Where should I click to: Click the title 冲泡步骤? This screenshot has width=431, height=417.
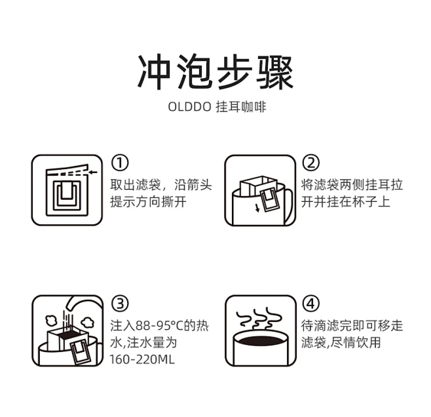[216, 72]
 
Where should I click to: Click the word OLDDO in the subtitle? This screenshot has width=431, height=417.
[190, 107]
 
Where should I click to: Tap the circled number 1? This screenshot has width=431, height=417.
[120, 163]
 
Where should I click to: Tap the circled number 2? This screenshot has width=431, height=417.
[311, 163]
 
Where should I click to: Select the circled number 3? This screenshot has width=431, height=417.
[120, 304]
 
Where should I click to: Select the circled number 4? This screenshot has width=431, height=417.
[311, 304]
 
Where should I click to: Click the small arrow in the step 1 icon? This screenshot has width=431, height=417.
[93, 172]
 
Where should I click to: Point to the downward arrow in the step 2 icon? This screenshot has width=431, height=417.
[257, 208]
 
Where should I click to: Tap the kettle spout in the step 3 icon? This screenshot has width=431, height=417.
[83, 301]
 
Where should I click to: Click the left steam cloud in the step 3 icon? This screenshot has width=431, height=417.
[51, 321]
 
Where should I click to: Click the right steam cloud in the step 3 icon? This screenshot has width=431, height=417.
[88, 322]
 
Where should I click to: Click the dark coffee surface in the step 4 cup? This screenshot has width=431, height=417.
[261, 341]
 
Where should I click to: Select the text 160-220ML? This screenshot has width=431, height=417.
[142, 359]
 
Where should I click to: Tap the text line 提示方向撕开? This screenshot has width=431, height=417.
[149, 202]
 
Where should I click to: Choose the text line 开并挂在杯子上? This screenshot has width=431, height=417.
[345, 202]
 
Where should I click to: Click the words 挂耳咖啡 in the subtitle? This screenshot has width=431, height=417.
[241, 107]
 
